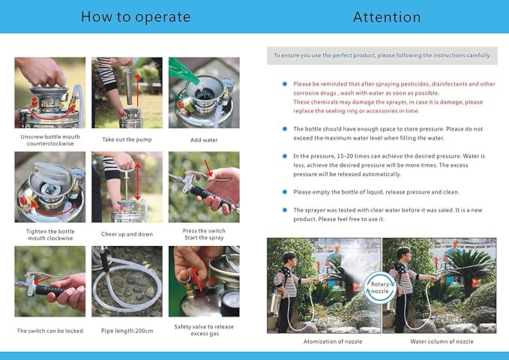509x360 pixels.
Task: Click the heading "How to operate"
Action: (136, 17)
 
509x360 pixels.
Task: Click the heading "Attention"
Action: (387, 17)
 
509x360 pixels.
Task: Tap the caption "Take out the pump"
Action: (127, 139)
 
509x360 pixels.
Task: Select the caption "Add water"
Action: (204, 140)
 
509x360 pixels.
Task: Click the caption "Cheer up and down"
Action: (127, 234)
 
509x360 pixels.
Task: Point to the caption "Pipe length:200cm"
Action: (127, 331)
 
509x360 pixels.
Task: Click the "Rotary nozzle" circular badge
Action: (380, 287)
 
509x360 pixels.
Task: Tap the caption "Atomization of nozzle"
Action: (332, 341)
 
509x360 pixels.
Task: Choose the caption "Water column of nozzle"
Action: (442, 341)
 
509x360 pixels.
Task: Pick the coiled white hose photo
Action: (127, 281)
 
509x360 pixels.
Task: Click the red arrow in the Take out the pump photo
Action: (138, 90)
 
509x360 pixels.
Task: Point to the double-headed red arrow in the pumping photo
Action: (138, 182)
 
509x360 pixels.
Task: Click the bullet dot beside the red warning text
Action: (285, 84)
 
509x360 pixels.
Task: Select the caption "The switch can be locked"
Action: (50, 331)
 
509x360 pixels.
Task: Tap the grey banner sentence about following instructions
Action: (382, 55)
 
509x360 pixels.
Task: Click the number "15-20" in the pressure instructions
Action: (346, 156)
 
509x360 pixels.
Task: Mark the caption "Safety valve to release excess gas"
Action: (204, 330)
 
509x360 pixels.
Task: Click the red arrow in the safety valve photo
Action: (196, 280)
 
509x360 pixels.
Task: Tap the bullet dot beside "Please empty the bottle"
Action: (285, 192)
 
